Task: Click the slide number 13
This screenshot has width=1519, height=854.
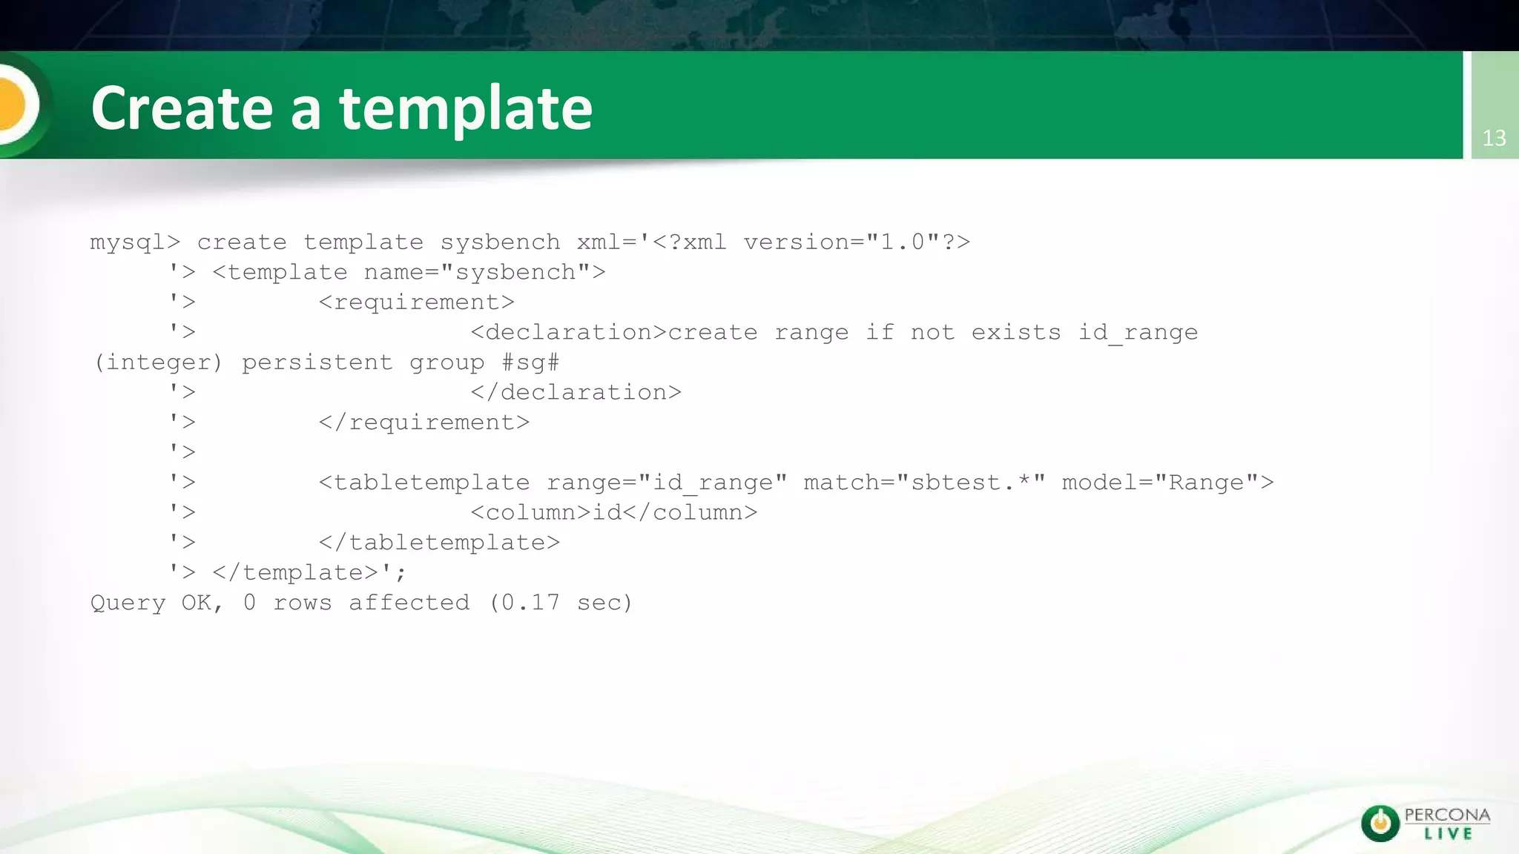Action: pyautogui.click(x=1494, y=138)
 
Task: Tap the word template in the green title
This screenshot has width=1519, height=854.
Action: pyautogui.click(x=466, y=108)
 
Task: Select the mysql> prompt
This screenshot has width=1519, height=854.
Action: pyautogui.click(x=135, y=243)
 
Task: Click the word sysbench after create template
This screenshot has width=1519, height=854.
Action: pyautogui.click(x=500, y=242)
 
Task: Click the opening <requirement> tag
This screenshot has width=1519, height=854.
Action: pyautogui.click(x=416, y=302)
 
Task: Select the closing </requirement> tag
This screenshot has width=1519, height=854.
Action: pyautogui.click(x=424, y=423)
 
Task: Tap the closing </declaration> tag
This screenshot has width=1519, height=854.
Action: pyautogui.click(x=576, y=392)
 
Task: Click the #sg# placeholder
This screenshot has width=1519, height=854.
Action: pyautogui.click(x=530, y=363)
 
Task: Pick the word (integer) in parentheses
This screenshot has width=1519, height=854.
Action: pyautogui.click(x=158, y=363)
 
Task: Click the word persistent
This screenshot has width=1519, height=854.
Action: pyautogui.click(x=317, y=363)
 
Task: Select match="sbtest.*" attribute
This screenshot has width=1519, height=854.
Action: pyautogui.click(x=924, y=483)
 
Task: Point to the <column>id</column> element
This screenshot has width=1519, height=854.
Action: pyautogui.click(x=613, y=512)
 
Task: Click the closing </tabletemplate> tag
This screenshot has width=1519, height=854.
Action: pyautogui.click(x=439, y=543)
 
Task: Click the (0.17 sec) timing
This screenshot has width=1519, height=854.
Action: pyautogui.click(x=561, y=603)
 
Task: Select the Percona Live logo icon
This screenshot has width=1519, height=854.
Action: pyautogui.click(x=1380, y=823)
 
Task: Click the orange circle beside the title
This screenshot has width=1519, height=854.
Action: pyautogui.click(x=13, y=105)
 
